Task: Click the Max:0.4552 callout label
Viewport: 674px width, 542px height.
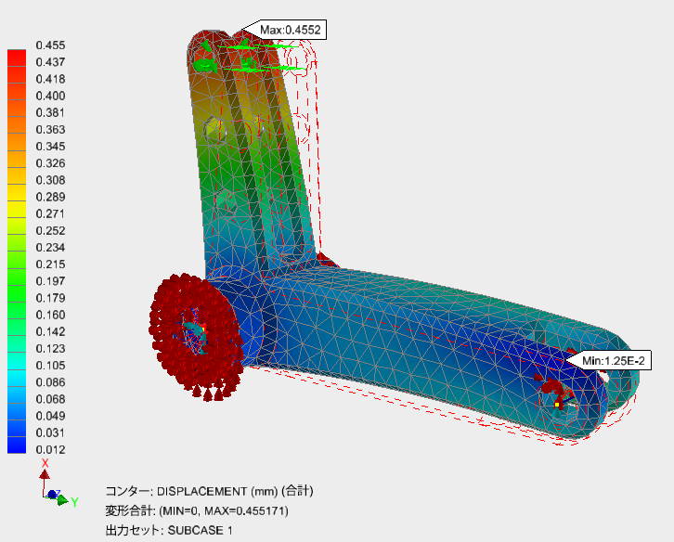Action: (x=291, y=30)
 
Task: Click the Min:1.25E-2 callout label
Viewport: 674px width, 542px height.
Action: (x=614, y=361)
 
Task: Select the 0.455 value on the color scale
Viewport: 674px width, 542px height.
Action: (x=51, y=45)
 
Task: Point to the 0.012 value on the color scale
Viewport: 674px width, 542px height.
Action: (x=51, y=449)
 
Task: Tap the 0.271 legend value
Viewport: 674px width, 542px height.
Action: (x=51, y=213)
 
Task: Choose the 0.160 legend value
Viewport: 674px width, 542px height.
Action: (x=51, y=315)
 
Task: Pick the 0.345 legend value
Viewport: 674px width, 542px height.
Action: (x=51, y=147)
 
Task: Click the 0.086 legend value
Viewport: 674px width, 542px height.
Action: (x=51, y=382)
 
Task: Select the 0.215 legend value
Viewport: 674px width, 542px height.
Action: (x=51, y=265)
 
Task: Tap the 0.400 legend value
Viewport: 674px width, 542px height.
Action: (x=51, y=96)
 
